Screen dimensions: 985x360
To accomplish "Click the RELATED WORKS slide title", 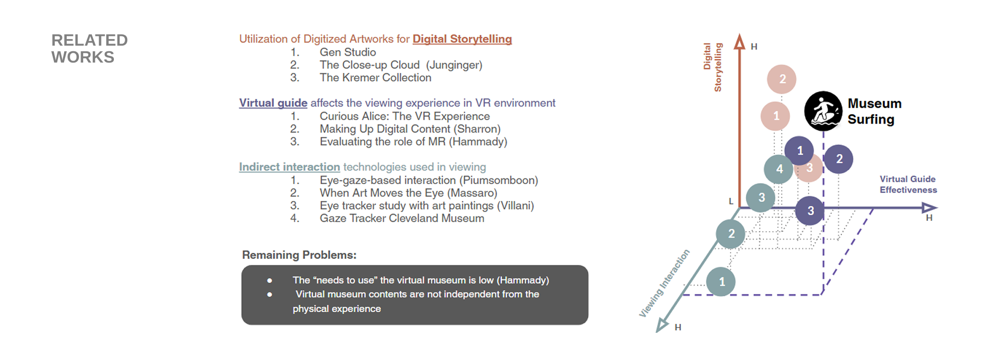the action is pyautogui.click(x=89, y=49).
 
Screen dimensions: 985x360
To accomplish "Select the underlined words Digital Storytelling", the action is pyautogui.click(x=462, y=39).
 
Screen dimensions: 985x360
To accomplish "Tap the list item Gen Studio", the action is pyautogui.click(x=348, y=52).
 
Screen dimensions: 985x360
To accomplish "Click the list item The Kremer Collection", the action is pyautogui.click(x=376, y=77).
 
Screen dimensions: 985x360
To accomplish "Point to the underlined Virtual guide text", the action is pyautogui.click(x=273, y=103).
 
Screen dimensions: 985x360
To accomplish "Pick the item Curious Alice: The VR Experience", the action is pyautogui.click(x=405, y=116).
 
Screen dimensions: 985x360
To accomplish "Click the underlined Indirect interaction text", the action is pyautogui.click(x=289, y=167).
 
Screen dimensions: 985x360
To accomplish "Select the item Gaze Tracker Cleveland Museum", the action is pyautogui.click(x=402, y=218).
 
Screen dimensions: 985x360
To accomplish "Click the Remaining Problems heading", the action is pyautogui.click(x=299, y=255).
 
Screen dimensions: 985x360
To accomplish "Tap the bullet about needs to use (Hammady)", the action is pyautogui.click(x=421, y=280).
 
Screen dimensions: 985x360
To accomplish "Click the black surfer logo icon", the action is pyautogui.click(x=823, y=111).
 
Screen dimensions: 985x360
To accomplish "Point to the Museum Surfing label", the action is pyautogui.click(x=875, y=111).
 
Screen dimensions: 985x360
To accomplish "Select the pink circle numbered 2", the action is pyautogui.click(x=782, y=79).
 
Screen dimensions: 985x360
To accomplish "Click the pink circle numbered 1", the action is pyautogui.click(x=775, y=116).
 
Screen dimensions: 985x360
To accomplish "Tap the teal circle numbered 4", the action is pyautogui.click(x=779, y=169).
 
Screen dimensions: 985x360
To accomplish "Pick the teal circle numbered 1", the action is pyautogui.click(x=721, y=282).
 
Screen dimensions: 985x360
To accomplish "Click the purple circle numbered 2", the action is pyautogui.click(x=839, y=159).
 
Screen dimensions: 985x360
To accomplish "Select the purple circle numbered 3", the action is pyautogui.click(x=810, y=211).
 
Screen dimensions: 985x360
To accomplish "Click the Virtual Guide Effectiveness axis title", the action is pyautogui.click(x=908, y=185).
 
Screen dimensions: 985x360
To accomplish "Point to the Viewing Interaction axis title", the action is pyautogui.click(x=664, y=284).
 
